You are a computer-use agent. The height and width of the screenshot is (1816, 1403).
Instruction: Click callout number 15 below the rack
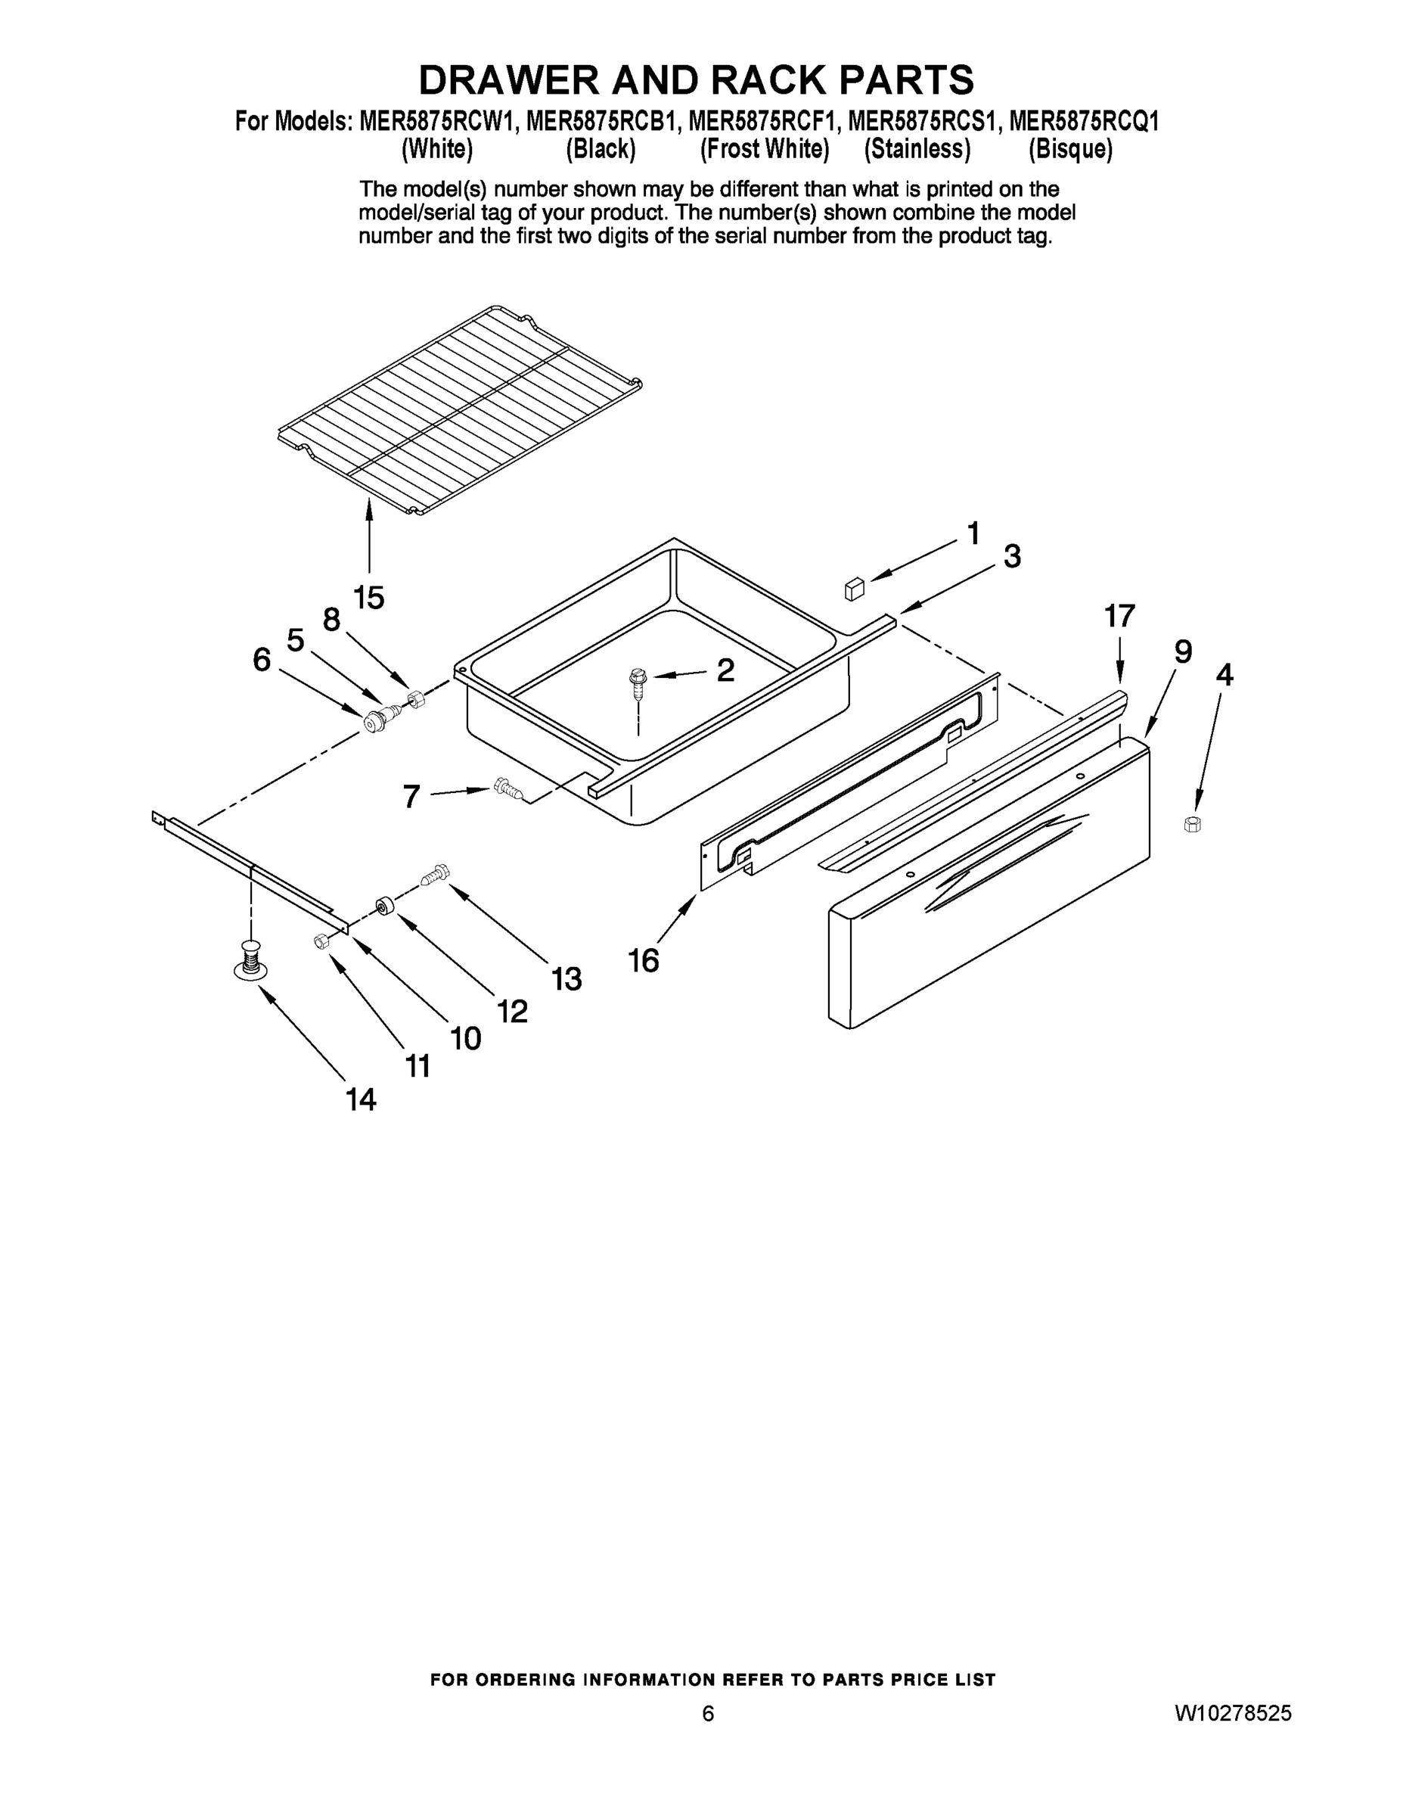coord(369,597)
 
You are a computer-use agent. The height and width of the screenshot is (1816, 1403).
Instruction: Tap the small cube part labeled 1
coord(854,589)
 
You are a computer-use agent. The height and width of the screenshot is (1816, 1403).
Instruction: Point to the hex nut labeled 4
coord(1192,824)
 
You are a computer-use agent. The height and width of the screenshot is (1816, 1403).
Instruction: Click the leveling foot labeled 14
coord(250,961)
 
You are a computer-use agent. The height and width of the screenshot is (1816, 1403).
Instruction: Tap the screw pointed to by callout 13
coord(435,874)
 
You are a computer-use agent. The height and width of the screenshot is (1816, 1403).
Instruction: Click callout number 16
coord(644,961)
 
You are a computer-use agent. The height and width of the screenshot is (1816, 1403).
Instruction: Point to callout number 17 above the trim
coord(1119,616)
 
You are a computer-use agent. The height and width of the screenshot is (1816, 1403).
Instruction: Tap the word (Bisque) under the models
coord(1069,150)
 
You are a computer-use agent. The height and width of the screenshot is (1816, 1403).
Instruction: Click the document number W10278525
coord(1233,1713)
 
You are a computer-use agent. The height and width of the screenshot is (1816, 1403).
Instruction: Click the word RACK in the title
coord(759,81)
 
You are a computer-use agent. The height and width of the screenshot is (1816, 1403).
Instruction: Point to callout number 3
coord(1011,555)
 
